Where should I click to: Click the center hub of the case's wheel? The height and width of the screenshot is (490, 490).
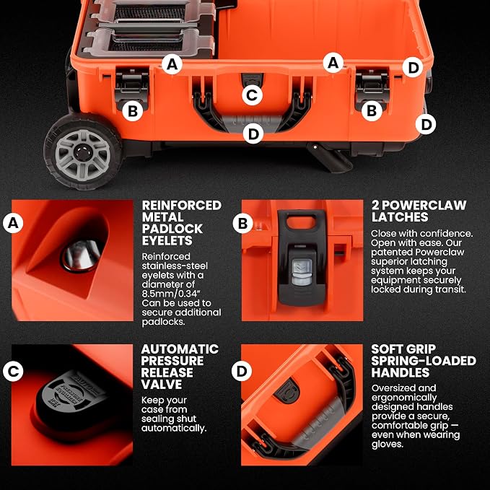82,153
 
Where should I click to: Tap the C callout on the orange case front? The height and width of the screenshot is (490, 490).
252,95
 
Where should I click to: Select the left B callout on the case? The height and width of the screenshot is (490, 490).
133,111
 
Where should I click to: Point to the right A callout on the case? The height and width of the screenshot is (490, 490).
333,63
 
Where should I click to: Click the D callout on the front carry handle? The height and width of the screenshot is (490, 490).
253,134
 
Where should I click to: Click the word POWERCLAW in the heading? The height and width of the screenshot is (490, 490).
424,206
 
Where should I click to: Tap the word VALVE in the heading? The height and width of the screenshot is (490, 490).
162,385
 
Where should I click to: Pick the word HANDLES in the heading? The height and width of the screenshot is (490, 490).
401,372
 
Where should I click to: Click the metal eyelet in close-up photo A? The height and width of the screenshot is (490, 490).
82,255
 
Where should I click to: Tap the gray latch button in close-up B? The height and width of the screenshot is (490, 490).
302,271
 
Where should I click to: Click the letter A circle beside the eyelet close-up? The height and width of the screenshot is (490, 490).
13,223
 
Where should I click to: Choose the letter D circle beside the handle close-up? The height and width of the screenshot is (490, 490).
242,371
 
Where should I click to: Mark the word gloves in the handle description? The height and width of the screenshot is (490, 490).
386,445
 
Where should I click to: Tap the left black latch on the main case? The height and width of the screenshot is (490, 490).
131,89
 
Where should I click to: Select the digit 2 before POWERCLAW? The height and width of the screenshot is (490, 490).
375,206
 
